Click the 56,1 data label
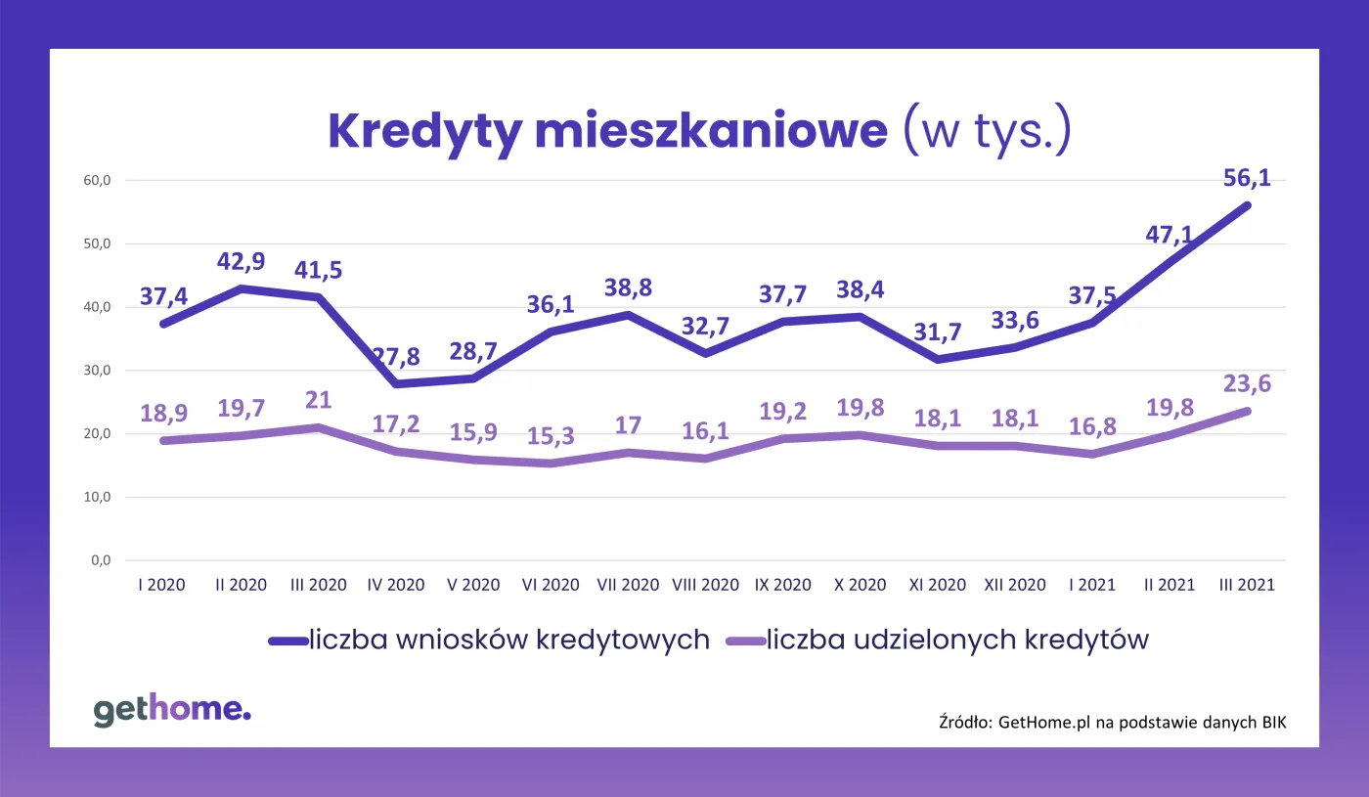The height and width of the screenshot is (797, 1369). pyautogui.click(x=1247, y=178)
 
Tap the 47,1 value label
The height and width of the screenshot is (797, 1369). pyautogui.click(x=1170, y=235)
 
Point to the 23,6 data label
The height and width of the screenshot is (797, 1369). pyautogui.click(x=1247, y=384)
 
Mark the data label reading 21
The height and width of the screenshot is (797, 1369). pyautogui.click(x=319, y=400)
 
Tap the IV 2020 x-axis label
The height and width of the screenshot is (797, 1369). pyautogui.click(x=395, y=585)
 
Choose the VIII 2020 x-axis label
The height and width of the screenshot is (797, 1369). pyautogui.click(x=706, y=585)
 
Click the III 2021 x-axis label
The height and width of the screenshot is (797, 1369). pyautogui.click(x=1247, y=585)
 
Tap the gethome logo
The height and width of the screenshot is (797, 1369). pyautogui.click(x=172, y=710)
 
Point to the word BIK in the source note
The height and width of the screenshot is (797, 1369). pyautogui.click(x=1271, y=723)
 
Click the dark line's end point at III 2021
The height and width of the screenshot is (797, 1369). pyautogui.click(x=1247, y=204)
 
